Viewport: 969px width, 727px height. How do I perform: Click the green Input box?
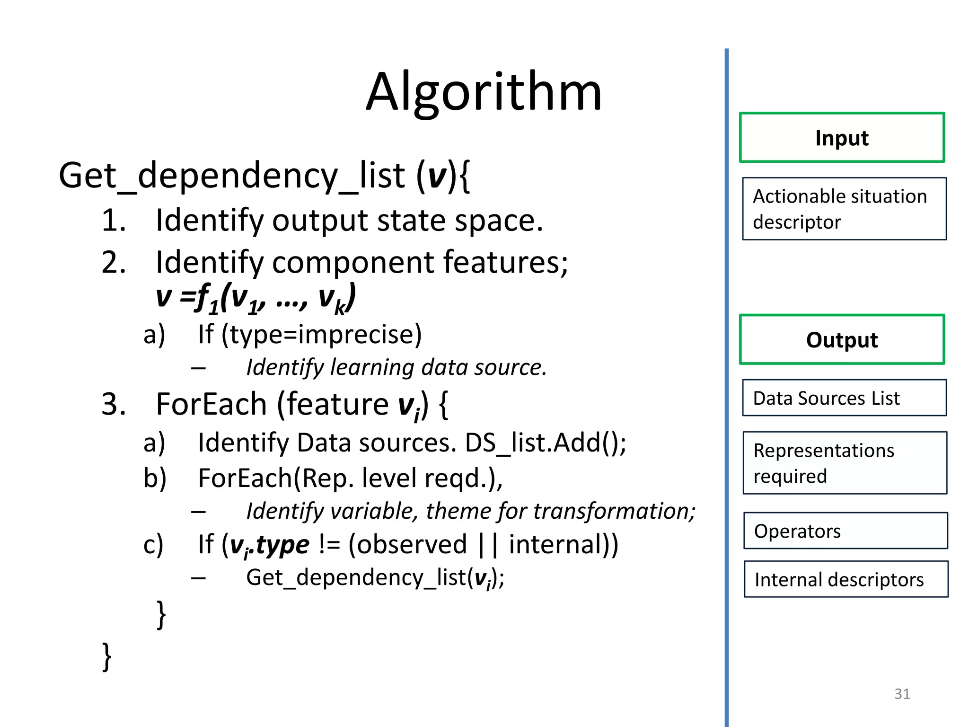(x=842, y=138)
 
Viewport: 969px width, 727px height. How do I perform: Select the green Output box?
(x=842, y=340)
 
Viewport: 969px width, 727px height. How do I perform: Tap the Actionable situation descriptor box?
(x=844, y=209)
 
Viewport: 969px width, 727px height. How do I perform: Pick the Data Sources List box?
(x=844, y=398)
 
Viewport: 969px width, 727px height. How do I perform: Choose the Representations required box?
(x=845, y=463)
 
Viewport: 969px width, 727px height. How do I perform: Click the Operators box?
(x=846, y=531)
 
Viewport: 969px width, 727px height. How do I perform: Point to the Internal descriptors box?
(x=846, y=579)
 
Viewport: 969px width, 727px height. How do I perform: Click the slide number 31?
(x=902, y=693)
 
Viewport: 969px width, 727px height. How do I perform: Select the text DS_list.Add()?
(x=545, y=443)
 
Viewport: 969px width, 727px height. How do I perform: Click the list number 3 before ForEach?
(x=114, y=405)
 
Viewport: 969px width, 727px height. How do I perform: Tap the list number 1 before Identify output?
(x=114, y=221)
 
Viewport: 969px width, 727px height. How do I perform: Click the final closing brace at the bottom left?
(x=107, y=656)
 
